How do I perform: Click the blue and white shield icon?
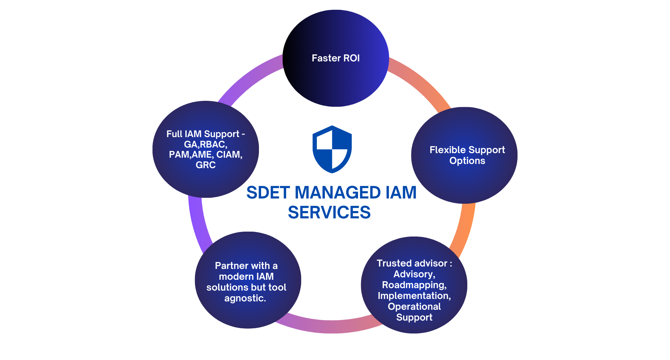pyautogui.click(x=332, y=149)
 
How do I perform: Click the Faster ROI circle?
pyautogui.click(x=336, y=80)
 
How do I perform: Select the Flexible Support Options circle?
pyautogui.click(x=464, y=181)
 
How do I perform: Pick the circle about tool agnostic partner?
pyautogui.click(x=248, y=314)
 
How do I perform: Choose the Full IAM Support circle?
pyautogui.click(x=206, y=181)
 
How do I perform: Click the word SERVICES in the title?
pyautogui.click(x=329, y=212)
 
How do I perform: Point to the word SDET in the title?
pyautogui.click(x=268, y=193)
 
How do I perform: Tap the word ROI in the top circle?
pyautogui.click(x=351, y=58)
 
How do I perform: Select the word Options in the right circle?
pyautogui.click(x=467, y=161)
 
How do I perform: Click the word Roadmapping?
pyautogui.click(x=414, y=285)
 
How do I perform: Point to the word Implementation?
pyautogui.click(x=414, y=296)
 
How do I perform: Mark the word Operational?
pyautogui.click(x=414, y=307)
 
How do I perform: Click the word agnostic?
pyautogui.click(x=245, y=298)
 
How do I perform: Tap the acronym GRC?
pyautogui.click(x=206, y=165)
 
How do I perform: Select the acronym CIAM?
pyautogui.click(x=229, y=155)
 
